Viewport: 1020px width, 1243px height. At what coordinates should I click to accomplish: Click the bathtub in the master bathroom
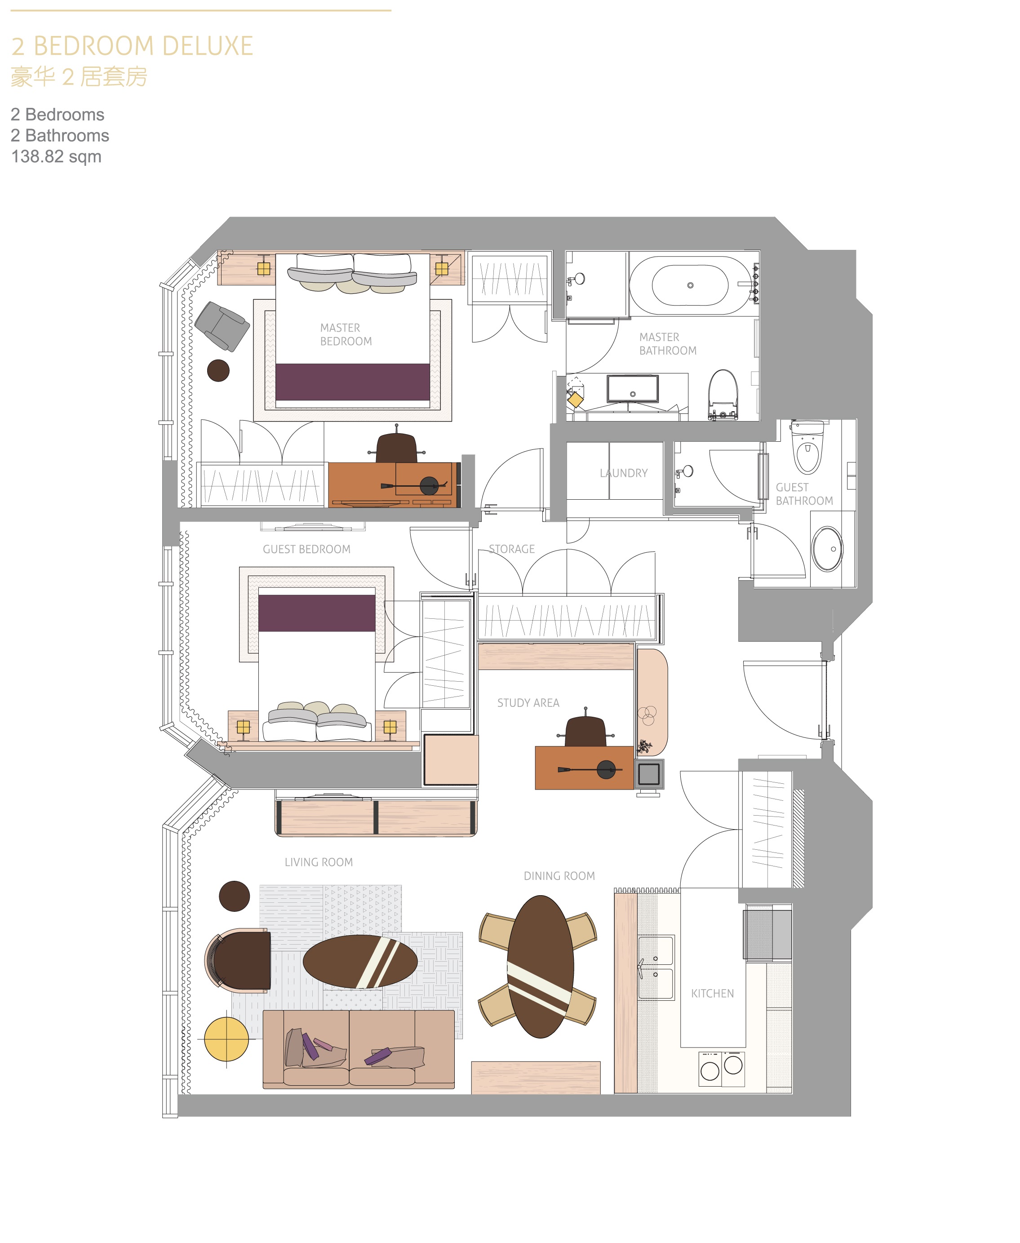point(690,285)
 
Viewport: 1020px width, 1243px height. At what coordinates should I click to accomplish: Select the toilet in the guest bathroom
point(808,447)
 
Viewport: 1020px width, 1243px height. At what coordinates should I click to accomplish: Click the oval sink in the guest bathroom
point(827,549)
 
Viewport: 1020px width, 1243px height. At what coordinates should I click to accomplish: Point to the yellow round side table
point(226,1039)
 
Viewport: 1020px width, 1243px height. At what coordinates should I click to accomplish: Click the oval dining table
point(540,967)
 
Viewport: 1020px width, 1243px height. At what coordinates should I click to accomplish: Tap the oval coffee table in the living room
point(360,962)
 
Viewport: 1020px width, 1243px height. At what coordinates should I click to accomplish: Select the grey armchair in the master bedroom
point(222,326)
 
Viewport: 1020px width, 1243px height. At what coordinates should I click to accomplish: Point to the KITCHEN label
point(712,993)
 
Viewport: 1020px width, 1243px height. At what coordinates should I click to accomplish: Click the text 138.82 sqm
point(57,156)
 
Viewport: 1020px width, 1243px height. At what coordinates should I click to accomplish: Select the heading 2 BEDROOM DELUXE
point(132,46)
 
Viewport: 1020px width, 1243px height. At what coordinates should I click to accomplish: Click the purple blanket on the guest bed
point(317,613)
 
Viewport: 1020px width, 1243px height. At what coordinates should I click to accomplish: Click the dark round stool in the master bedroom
point(218,371)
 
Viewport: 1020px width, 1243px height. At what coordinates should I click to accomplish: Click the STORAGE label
point(512,549)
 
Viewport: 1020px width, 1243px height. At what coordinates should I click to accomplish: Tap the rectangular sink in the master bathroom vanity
point(633,388)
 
